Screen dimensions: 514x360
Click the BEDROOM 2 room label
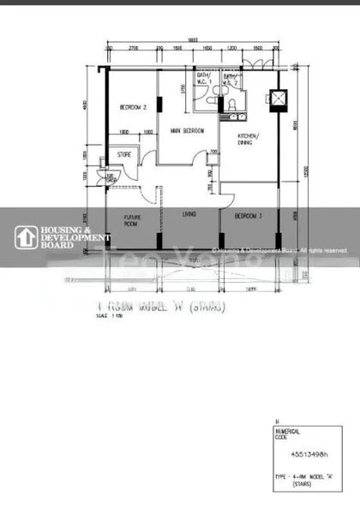coord(133,108)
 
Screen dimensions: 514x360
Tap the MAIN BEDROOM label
coord(185,131)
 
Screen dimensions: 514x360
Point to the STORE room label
coord(124,155)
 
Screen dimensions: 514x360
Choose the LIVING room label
coord(189,214)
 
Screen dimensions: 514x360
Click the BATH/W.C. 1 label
coord(203,81)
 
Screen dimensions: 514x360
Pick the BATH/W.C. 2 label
coord(231,81)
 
